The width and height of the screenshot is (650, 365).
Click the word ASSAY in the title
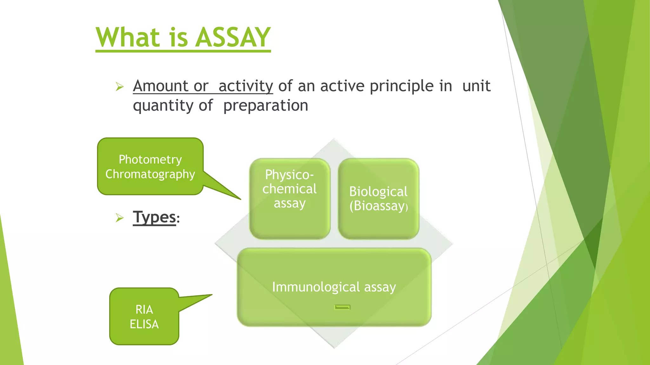click(x=233, y=37)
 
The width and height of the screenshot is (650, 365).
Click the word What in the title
click(x=128, y=37)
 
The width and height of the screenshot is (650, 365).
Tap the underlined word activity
click(x=246, y=86)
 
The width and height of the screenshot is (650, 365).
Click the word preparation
click(x=266, y=106)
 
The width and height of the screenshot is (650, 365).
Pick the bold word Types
click(x=154, y=217)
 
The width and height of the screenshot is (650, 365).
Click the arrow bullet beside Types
click(x=120, y=218)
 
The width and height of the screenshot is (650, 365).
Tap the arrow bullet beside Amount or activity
click(x=120, y=86)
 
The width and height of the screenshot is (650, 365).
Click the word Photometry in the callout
click(x=150, y=159)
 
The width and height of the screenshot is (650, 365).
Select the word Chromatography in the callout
click(x=150, y=174)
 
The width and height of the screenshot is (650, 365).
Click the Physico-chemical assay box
click(x=290, y=198)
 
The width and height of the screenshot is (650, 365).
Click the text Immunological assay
click(x=334, y=287)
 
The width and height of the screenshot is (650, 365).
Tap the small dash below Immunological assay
click(x=342, y=307)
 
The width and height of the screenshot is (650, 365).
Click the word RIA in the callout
click(x=144, y=309)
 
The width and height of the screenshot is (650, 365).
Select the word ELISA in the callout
click(x=144, y=324)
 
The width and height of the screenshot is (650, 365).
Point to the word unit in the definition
click(x=476, y=86)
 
